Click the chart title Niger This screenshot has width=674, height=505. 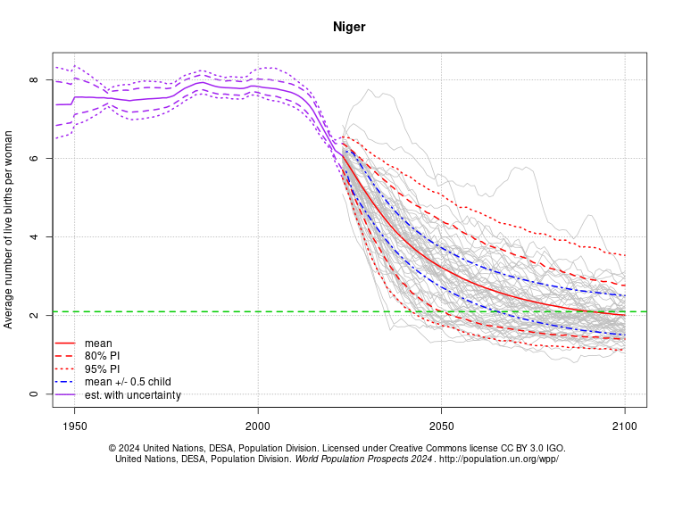(x=349, y=27)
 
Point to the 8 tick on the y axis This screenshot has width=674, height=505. (x=34, y=80)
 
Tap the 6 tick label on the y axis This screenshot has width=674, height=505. (x=34, y=159)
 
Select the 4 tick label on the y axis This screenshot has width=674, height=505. (x=34, y=237)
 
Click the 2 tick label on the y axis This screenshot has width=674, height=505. (x=34, y=316)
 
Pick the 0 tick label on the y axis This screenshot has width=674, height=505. (x=34, y=394)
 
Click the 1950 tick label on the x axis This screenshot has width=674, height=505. (x=74, y=426)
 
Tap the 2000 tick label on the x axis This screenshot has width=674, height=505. (x=258, y=426)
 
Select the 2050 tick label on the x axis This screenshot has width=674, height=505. (x=441, y=426)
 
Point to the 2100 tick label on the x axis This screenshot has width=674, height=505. (x=625, y=426)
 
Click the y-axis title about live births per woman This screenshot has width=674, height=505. (x=9, y=229)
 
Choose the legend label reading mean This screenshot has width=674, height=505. (x=98, y=343)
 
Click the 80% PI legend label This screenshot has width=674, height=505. (x=102, y=356)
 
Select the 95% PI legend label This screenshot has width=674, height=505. (x=102, y=368)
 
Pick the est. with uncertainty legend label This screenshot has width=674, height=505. (x=133, y=395)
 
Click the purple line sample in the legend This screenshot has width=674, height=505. (x=65, y=395)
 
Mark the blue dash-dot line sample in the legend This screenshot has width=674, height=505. (x=65, y=382)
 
